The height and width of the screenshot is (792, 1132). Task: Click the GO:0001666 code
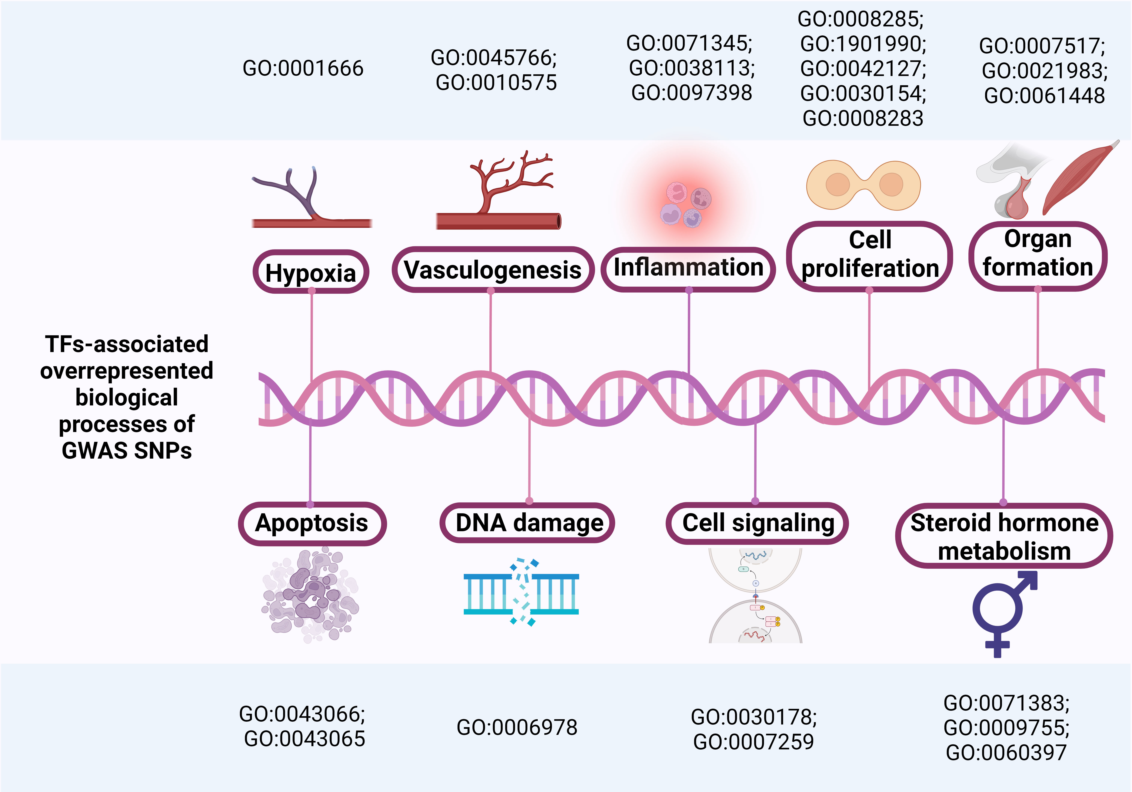303,68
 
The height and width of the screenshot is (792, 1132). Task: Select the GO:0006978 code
517,728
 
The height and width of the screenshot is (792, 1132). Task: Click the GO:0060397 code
1006,753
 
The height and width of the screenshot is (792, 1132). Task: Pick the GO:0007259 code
753,742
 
